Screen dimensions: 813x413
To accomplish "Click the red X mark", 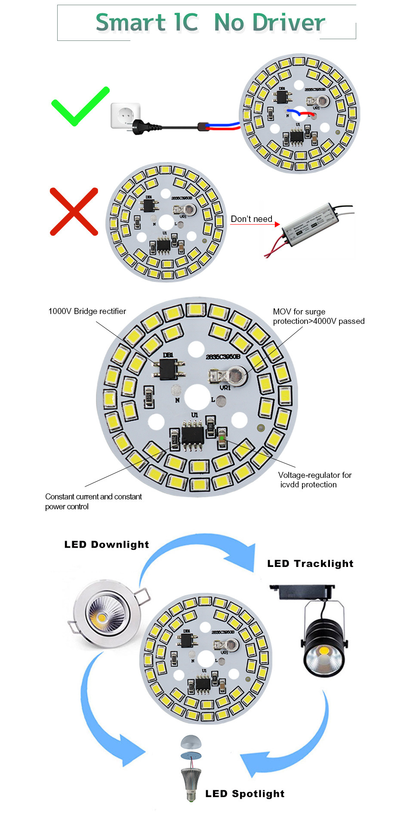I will (74, 212).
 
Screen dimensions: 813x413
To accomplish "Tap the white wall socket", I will (125, 115).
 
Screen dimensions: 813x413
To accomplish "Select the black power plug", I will (146, 126).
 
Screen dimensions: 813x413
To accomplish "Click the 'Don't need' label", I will (251, 219).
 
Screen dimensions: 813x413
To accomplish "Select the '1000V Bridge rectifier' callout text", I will (87, 311).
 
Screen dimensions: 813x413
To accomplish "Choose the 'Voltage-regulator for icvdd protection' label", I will (314, 480).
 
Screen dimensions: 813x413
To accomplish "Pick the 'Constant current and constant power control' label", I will (93, 502).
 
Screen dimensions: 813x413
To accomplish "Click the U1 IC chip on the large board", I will (193, 435).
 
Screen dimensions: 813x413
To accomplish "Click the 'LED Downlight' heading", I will (106, 545).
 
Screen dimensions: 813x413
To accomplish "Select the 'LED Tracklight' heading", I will (310, 564).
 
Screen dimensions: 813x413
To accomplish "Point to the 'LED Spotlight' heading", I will (245, 794).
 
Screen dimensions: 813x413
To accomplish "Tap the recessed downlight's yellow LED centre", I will (102, 618).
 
